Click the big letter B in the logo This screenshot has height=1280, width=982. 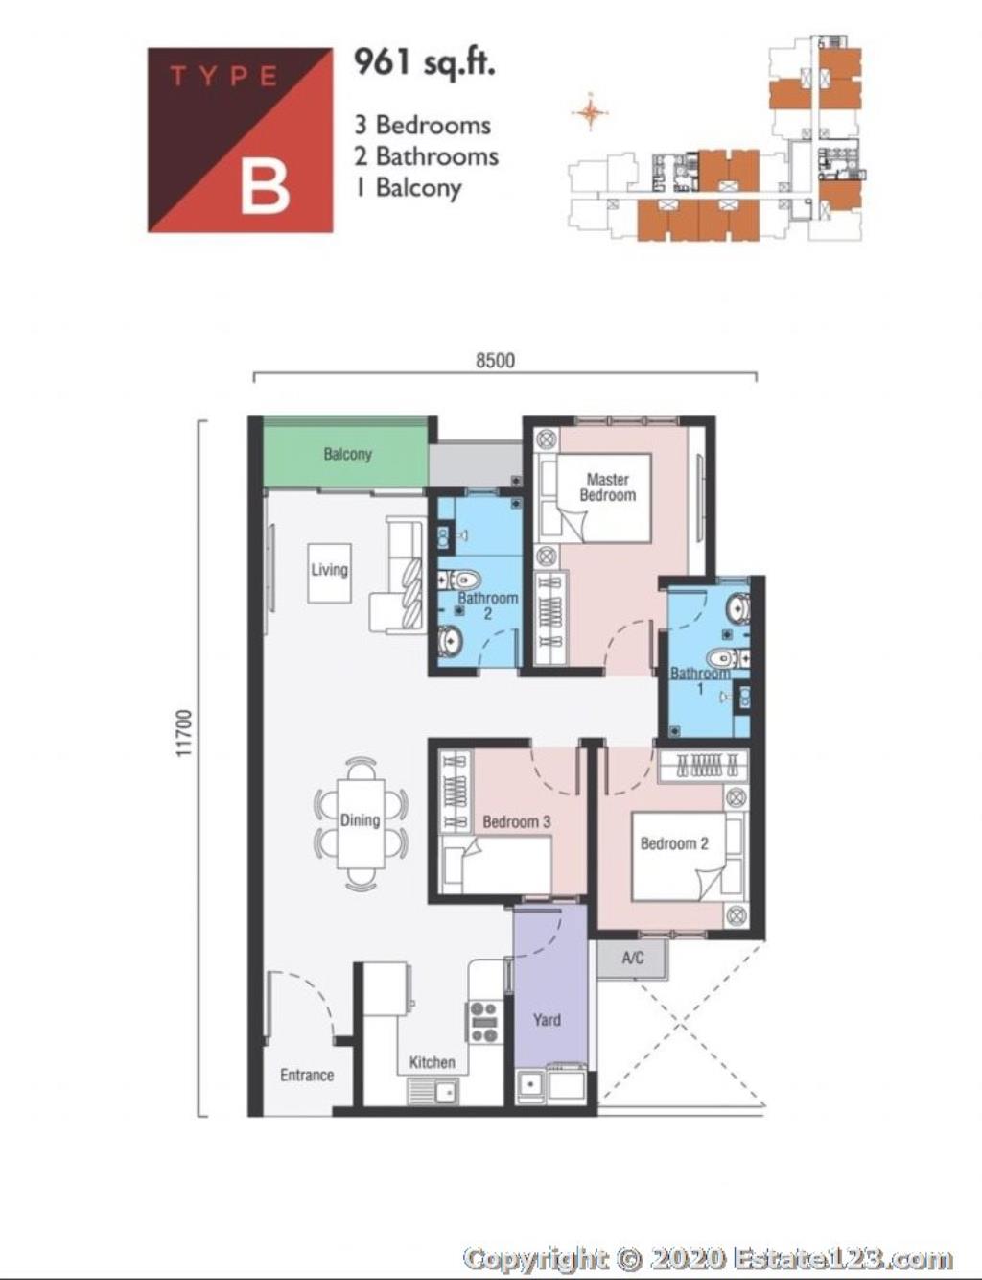click(265, 187)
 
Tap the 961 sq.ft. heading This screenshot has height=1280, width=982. click(424, 63)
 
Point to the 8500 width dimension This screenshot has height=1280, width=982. click(495, 360)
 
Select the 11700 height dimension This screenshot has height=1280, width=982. click(184, 733)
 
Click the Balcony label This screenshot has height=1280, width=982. click(347, 454)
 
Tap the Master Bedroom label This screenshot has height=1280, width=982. click(608, 486)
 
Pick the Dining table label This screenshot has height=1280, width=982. click(360, 820)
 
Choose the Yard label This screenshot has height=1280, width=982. click(547, 1019)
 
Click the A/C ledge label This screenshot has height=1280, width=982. click(633, 958)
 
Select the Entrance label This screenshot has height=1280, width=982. click(307, 1075)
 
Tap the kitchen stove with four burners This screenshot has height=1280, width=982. click(484, 1022)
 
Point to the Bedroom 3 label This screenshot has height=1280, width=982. click(516, 821)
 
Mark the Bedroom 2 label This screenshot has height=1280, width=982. click(674, 843)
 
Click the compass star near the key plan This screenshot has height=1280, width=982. click(590, 111)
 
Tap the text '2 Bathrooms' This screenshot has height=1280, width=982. click(426, 156)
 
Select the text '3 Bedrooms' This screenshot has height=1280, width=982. click(423, 125)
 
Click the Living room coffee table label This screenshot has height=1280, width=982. click(329, 569)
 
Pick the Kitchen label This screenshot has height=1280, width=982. click(433, 1062)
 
